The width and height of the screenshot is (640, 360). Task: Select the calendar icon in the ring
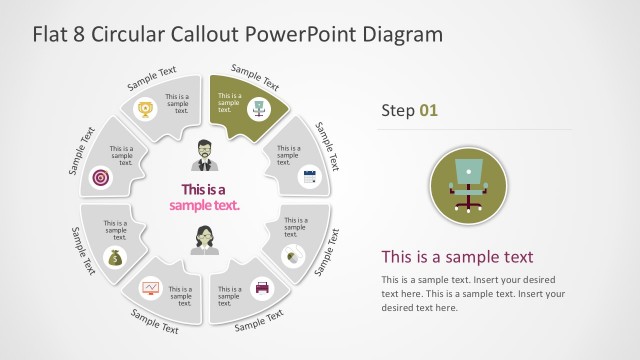[309, 177]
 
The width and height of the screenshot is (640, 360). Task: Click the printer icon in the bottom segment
[262, 288]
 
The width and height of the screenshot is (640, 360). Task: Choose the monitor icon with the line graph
[150, 288]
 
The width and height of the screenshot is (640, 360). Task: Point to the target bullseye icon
[100, 177]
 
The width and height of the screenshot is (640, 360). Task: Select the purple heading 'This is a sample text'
[457, 256]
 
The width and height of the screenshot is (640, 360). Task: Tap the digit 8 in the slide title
[79, 34]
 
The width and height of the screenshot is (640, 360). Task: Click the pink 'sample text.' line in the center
[211, 205]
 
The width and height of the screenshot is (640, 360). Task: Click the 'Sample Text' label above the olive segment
[256, 76]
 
